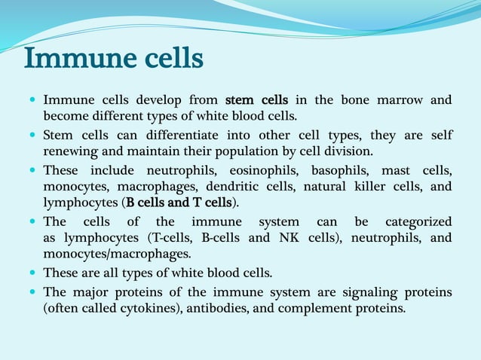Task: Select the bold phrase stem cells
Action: click(x=256, y=100)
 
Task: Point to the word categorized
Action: click(x=419, y=222)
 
